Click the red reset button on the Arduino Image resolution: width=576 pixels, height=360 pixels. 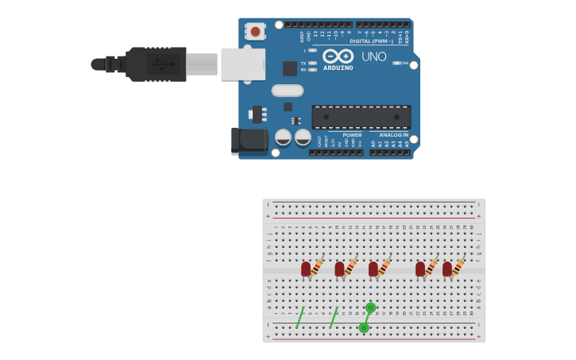click(x=255, y=32)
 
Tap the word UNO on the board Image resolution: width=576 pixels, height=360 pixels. click(x=373, y=56)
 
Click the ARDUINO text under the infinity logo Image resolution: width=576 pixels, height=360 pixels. click(x=338, y=68)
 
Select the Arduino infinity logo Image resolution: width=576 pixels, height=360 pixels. click(x=338, y=56)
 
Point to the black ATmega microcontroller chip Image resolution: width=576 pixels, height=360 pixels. click(x=361, y=117)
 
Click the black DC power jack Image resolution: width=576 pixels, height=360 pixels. click(x=249, y=141)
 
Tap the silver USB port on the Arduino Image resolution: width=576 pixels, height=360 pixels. click(x=242, y=64)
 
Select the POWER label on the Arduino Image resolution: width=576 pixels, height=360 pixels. click(x=352, y=135)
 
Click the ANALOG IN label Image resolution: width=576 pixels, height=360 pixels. click(x=393, y=135)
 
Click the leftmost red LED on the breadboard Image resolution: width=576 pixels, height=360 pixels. click(x=306, y=269)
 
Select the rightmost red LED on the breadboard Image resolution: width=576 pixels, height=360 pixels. click(x=447, y=269)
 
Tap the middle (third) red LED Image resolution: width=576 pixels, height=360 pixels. click(x=373, y=269)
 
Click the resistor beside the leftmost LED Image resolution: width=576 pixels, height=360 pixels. click(x=317, y=267)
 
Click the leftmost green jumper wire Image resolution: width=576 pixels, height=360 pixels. click(x=300, y=318)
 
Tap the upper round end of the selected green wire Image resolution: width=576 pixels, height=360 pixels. click(x=370, y=308)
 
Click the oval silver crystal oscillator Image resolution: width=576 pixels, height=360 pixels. click(x=287, y=91)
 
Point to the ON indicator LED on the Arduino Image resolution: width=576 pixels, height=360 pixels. click(x=397, y=63)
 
